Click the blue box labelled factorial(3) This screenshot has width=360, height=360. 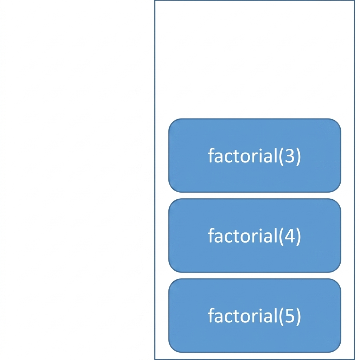255,155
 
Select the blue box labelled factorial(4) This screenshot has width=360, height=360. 255,236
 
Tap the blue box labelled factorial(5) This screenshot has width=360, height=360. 255,315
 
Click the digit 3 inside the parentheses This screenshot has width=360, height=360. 290,156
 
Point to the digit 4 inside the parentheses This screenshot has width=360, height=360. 290,236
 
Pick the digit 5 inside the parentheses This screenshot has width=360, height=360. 290,316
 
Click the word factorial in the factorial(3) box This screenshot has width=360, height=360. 243,155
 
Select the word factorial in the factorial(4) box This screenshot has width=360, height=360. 243,235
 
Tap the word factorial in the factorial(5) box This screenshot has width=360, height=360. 243,315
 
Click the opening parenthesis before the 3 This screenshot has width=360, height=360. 281,156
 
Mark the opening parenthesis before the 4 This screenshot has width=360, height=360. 281,237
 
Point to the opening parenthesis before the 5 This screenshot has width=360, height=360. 281,316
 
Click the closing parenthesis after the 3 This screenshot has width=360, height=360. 298,156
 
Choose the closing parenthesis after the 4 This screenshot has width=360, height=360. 298,237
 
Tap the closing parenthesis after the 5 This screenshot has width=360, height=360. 298,316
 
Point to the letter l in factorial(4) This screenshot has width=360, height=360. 276,235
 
